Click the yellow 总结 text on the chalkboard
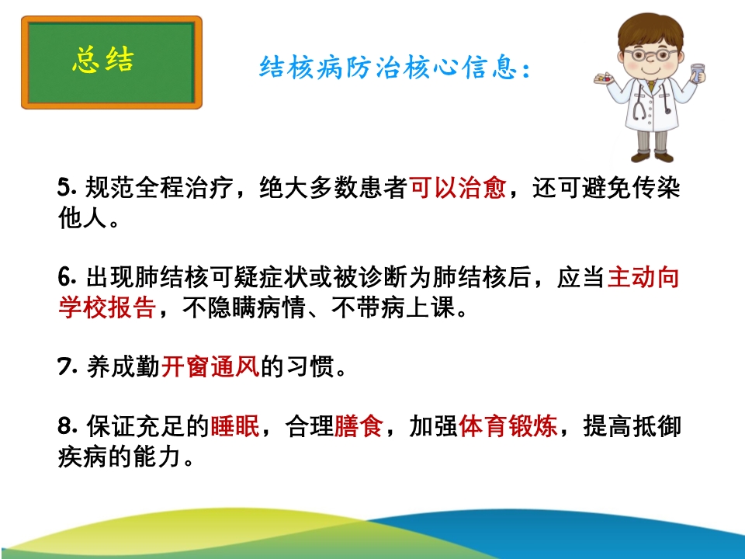[103, 60]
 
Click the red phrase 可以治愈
[457, 187]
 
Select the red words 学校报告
[107, 307]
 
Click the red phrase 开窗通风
[210, 366]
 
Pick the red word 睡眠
[234, 425]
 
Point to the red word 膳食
[359, 425]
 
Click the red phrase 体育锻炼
[508, 425]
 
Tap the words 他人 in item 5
[83, 217]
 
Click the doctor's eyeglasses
[651, 54]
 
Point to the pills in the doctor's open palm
[605, 78]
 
